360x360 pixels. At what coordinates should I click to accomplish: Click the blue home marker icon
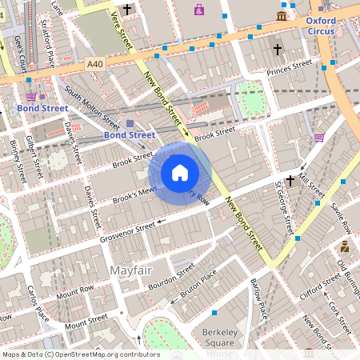click(180, 173)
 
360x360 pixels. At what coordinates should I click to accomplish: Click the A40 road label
click(95, 63)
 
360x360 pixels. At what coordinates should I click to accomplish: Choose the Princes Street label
click(289, 69)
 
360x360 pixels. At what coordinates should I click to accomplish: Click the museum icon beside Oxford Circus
click(282, 15)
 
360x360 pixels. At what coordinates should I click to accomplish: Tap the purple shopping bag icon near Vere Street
click(198, 10)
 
